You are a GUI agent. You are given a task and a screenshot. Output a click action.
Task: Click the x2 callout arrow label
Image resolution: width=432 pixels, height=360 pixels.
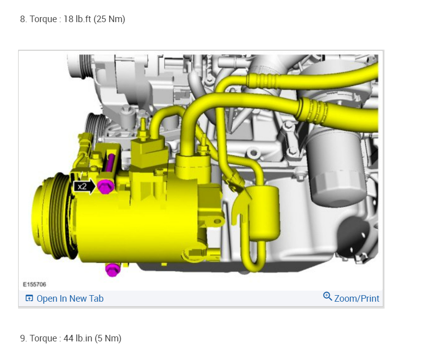[x=84, y=187]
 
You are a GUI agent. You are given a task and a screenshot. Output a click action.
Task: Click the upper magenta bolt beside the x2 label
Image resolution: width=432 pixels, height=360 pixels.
[x=105, y=187]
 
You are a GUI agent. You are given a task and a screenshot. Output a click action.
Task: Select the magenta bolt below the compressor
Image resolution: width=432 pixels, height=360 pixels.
[x=113, y=269]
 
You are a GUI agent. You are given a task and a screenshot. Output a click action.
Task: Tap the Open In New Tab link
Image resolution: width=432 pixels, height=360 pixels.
[x=70, y=299]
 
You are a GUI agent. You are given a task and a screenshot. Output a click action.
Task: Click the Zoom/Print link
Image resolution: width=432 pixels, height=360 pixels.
[x=357, y=299]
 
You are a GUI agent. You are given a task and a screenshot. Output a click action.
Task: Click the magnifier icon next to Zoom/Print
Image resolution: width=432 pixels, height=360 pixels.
[x=328, y=296]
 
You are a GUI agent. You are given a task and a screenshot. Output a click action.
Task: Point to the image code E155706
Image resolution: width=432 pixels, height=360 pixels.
[x=35, y=285]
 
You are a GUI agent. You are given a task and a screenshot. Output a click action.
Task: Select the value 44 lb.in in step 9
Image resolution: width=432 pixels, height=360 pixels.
[x=78, y=338]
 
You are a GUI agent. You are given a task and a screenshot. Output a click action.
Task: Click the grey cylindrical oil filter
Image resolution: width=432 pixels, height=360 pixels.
[x=335, y=168]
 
